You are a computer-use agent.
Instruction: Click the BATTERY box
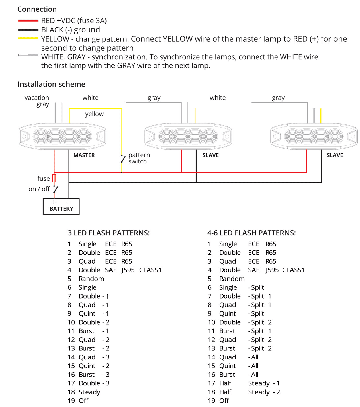click(x=61, y=207)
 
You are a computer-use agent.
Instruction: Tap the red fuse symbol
click(x=54, y=178)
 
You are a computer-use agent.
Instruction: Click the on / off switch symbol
click(x=55, y=190)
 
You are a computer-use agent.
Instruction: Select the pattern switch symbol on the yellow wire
click(x=123, y=159)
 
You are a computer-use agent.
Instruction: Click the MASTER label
click(x=84, y=155)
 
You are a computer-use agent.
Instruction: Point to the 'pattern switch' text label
click(x=139, y=158)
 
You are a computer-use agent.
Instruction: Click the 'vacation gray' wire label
click(x=37, y=101)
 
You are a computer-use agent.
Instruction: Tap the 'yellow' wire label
click(x=94, y=114)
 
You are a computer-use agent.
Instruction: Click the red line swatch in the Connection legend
click(x=28, y=21)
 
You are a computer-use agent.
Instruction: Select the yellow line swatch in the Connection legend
click(x=28, y=38)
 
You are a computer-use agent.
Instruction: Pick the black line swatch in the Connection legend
click(x=28, y=30)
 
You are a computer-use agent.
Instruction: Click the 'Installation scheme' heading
click(x=51, y=84)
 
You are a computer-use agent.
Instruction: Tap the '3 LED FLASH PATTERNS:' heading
click(x=109, y=233)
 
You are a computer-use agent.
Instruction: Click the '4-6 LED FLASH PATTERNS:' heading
click(x=251, y=233)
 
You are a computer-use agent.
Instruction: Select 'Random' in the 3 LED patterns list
click(x=91, y=279)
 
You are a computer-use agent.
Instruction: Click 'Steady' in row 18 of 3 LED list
click(x=89, y=392)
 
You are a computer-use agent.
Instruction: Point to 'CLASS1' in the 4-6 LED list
click(x=294, y=270)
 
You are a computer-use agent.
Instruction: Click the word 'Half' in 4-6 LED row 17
click(x=225, y=383)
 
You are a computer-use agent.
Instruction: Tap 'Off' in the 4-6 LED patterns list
click(x=224, y=401)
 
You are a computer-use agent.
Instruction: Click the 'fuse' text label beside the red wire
click(x=44, y=178)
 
